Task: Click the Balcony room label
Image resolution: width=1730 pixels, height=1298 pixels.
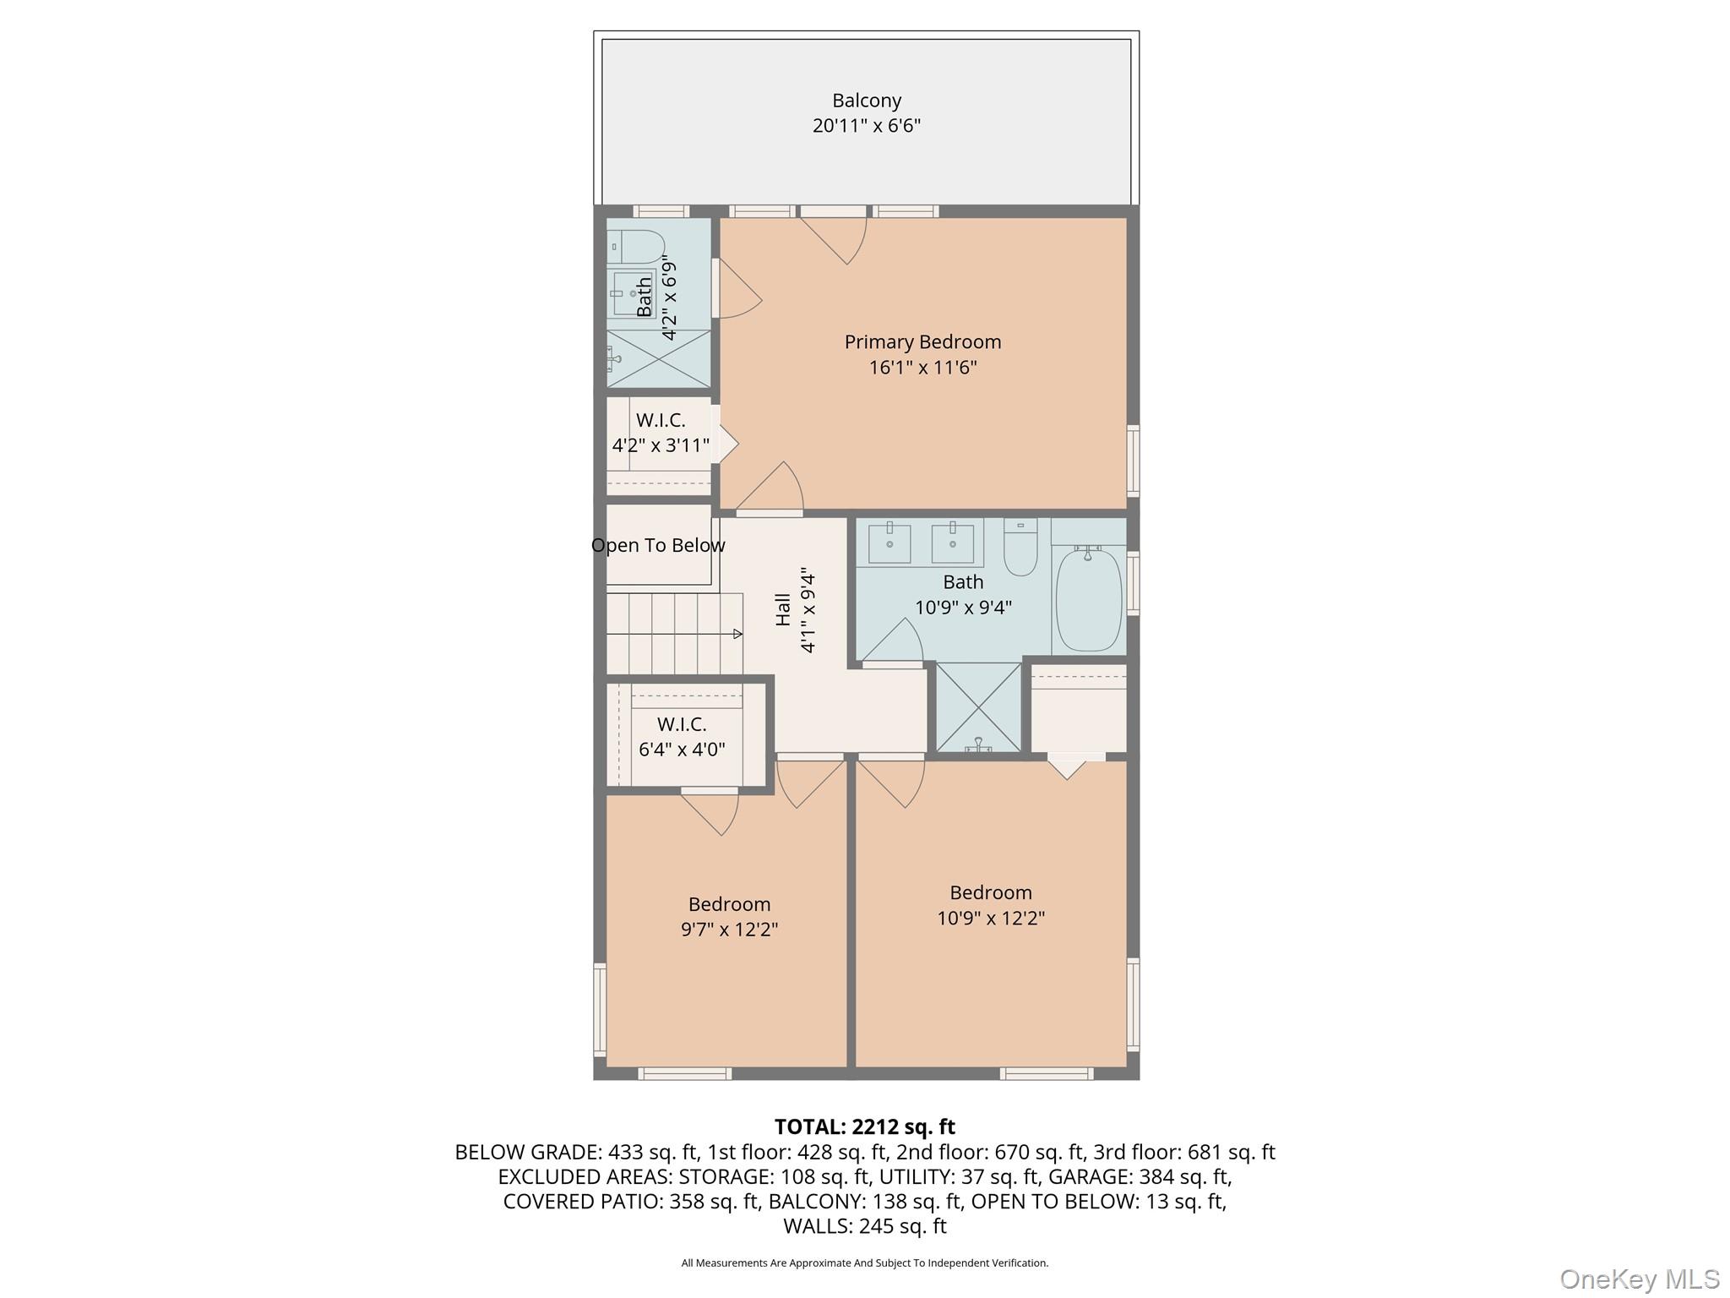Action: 866,101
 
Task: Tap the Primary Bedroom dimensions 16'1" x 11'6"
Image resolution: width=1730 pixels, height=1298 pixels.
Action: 922,368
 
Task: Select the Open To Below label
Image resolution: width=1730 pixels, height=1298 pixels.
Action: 658,546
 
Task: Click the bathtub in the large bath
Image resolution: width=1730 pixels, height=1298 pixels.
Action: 1088,598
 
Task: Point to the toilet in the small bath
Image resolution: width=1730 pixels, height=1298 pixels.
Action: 635,246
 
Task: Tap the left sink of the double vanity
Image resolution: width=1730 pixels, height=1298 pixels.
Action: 889,543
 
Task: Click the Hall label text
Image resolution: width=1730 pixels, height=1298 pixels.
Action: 783,609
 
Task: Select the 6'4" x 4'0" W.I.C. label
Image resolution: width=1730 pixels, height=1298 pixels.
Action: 682,737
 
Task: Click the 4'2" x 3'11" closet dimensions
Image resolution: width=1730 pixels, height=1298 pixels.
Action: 661,445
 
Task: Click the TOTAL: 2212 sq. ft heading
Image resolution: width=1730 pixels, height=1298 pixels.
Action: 864,1126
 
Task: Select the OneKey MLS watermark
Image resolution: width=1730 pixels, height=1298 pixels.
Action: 1639,1279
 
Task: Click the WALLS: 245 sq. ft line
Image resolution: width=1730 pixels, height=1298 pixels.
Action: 864,1226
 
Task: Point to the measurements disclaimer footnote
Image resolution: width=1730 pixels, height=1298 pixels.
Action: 864,1263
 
